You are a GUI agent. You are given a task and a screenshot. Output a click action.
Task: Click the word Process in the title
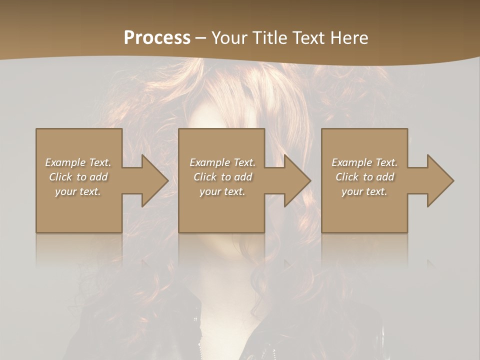[157, 37]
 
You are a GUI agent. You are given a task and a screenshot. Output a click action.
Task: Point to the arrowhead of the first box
[152, 180]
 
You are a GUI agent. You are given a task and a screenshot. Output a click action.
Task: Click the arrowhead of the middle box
[295, 180]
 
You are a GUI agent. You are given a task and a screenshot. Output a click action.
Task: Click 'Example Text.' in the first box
[78, 162]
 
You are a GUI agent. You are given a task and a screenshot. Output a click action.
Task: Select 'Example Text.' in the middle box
[222, 162]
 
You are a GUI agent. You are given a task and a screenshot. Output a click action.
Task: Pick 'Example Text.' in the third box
[364, 162]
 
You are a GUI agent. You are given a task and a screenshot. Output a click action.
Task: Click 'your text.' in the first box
[78, 191]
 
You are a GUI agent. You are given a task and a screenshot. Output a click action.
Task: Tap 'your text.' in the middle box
[222, 191]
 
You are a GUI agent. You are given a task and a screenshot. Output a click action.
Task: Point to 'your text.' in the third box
[364, 191]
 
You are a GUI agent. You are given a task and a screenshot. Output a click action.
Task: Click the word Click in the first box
[61, 177]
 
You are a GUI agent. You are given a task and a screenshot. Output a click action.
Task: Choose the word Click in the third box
[347, 177]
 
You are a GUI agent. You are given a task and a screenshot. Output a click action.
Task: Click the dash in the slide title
[201, 38]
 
